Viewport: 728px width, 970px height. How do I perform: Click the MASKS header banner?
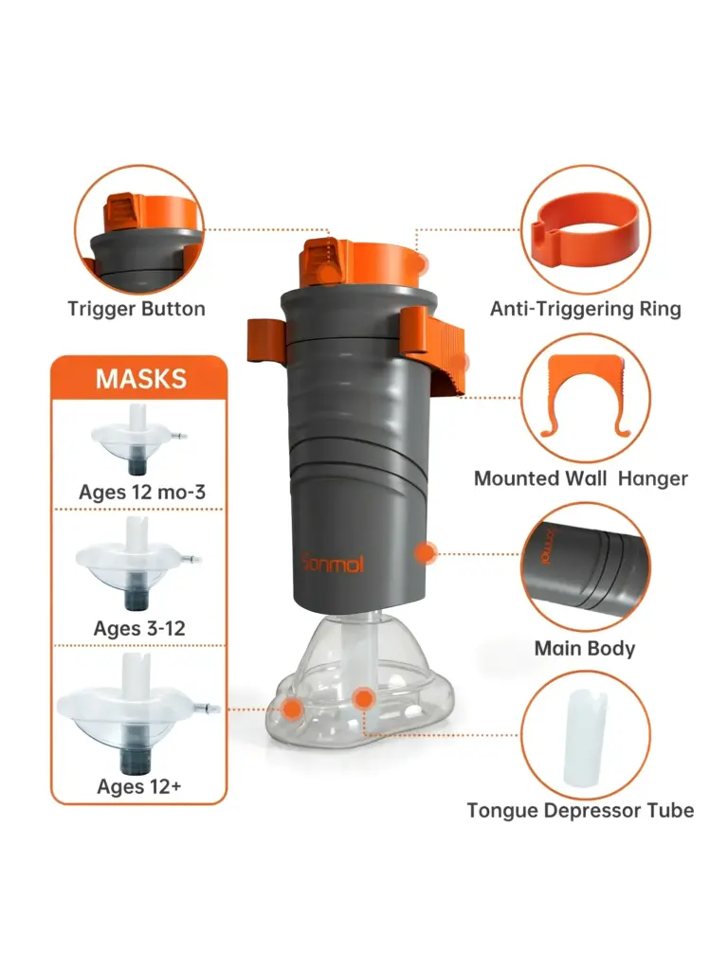(x=140, y=379)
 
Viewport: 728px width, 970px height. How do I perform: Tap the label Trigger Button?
(x=136, y=308)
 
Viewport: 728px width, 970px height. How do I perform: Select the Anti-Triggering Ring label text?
(x=585, y=308)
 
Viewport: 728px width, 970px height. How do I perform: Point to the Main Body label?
(x=584, y=649)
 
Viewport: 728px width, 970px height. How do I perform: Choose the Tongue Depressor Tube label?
(x=580, y=810)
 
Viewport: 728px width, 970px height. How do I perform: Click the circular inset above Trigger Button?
(x=139, y=230)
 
